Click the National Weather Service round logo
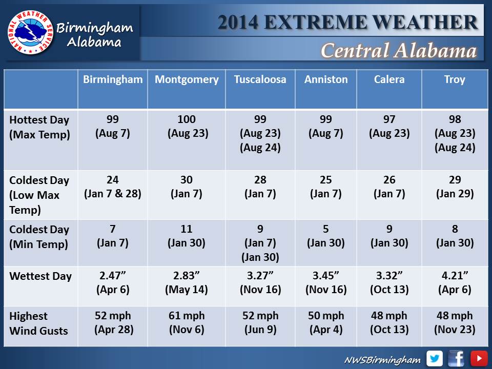coord(30,33)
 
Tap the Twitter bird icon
coord(435,358)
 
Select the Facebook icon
coord(457,358)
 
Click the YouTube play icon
coord(479,358)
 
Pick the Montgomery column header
coord(187,79)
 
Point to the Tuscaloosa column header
coord(260,79)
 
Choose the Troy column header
coord(455,79)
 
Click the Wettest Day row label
coord(40,276)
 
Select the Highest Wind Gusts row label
coord(38,323)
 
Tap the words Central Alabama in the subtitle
coord(398,50)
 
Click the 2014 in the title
coord(237,22)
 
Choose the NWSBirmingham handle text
coord(382,360)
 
